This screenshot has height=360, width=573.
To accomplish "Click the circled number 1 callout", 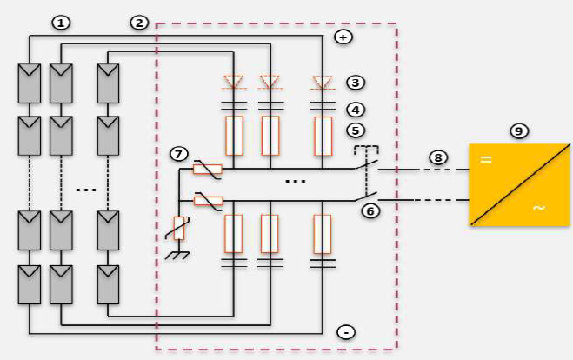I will click(60, 23).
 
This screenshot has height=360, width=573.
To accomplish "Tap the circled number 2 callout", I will click(139, 23).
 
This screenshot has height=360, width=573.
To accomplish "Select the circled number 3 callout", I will click(355, 83).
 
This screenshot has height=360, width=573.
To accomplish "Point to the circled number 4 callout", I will click(355, 110).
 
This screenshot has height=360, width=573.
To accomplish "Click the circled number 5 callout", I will click(355, 131).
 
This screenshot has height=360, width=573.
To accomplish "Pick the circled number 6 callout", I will click(371, 211).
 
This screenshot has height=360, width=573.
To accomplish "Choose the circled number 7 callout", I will click(179, 155).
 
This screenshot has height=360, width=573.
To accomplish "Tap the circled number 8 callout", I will click(438, 157).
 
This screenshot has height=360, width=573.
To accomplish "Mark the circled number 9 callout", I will click(519, 130).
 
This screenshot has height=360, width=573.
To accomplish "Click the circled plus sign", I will click(343, 37).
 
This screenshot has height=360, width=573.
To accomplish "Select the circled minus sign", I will click(345, 332).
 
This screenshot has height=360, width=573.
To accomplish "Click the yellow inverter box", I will click(519, 184).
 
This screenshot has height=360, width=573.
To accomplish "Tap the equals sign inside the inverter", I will click(487, 160).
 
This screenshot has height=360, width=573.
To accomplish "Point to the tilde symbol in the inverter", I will click(538, 209).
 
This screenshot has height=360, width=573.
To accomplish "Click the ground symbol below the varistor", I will click(178, 255).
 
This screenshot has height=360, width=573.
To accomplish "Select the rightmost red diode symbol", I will click(323, 83).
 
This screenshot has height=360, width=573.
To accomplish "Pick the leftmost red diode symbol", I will click(234, 83).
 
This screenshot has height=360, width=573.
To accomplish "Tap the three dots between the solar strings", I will click(85, 188).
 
